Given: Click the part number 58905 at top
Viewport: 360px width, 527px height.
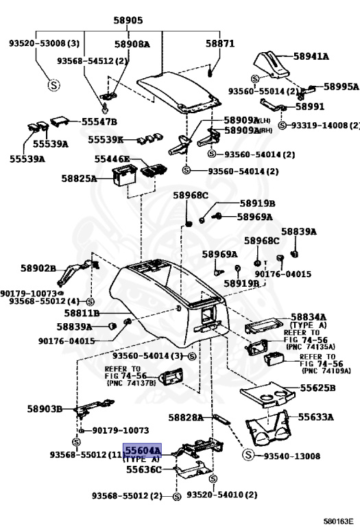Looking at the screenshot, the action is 128,20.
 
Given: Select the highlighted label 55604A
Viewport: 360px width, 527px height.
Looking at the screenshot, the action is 143,450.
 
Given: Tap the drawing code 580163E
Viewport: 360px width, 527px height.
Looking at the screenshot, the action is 339,522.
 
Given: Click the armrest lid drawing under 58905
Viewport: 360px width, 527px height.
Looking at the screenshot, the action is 180,92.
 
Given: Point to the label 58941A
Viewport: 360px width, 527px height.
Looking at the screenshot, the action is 311,56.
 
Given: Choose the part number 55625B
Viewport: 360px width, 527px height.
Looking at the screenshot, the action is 317,388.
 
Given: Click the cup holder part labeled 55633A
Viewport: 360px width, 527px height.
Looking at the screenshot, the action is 269,428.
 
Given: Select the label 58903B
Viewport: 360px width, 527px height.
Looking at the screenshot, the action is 45,409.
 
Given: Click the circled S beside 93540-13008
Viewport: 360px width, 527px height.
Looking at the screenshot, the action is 248,455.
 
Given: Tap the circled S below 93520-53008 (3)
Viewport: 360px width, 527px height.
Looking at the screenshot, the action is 53,84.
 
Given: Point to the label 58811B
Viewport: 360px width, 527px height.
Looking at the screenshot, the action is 82,313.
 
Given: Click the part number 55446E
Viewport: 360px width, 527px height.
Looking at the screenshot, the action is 112,159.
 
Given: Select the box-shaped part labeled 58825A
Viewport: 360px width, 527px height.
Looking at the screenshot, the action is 121,176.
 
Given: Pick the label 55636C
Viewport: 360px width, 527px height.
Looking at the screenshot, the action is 144,469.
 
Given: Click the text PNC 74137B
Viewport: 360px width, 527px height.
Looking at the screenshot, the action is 131,383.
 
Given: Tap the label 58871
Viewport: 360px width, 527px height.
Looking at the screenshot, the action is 220,43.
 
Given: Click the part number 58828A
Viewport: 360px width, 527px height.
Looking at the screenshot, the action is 186,417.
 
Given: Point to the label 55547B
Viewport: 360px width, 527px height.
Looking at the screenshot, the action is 99,121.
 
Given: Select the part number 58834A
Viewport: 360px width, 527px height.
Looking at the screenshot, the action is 309,317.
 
